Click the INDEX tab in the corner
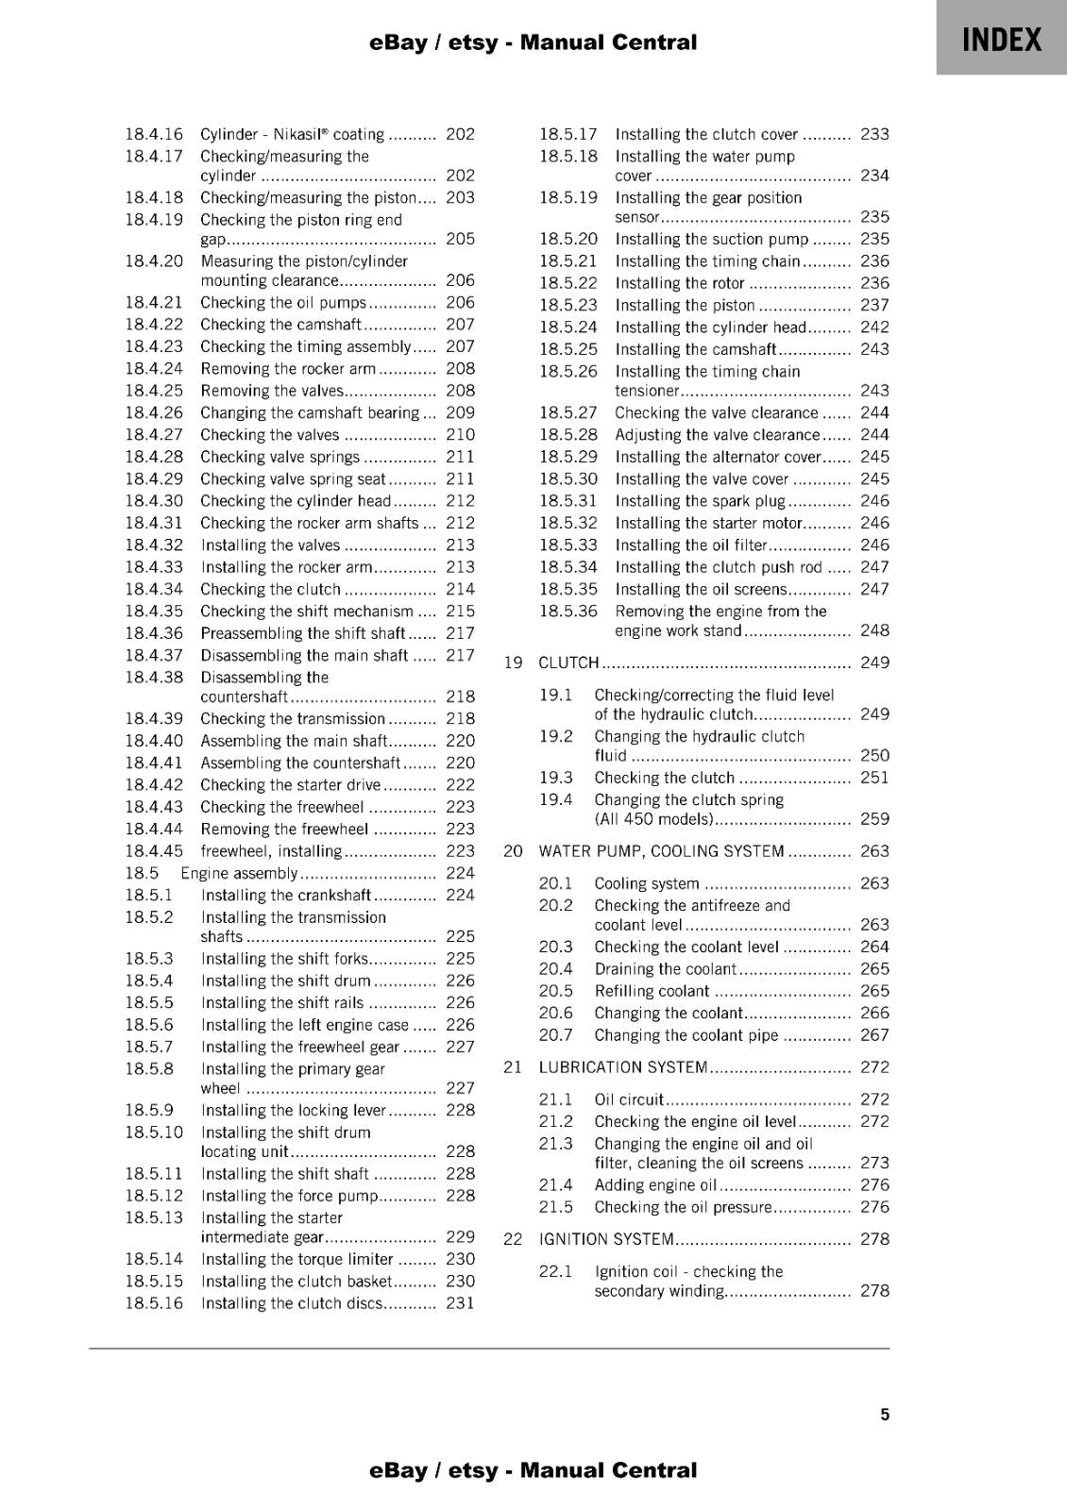(1002, 40)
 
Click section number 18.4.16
(154, 134)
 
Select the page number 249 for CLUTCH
(874, 663)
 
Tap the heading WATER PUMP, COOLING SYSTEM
(661, 851)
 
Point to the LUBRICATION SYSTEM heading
(623, 1067)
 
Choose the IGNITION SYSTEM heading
(606, 1239)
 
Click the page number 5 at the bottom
(885, 1414)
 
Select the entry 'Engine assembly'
(240, 873)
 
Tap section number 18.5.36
(568, 611)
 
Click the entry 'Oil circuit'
(629, 1099)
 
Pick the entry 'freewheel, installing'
(271, 851)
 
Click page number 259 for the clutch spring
(874, 819)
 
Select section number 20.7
(555, 1035)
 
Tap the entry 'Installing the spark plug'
(700, 501)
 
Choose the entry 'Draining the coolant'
(665, 969)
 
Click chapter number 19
(513, 663)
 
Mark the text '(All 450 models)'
(652, 819)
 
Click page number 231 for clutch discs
(460, 1303)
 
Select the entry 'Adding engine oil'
(655, 1185)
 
